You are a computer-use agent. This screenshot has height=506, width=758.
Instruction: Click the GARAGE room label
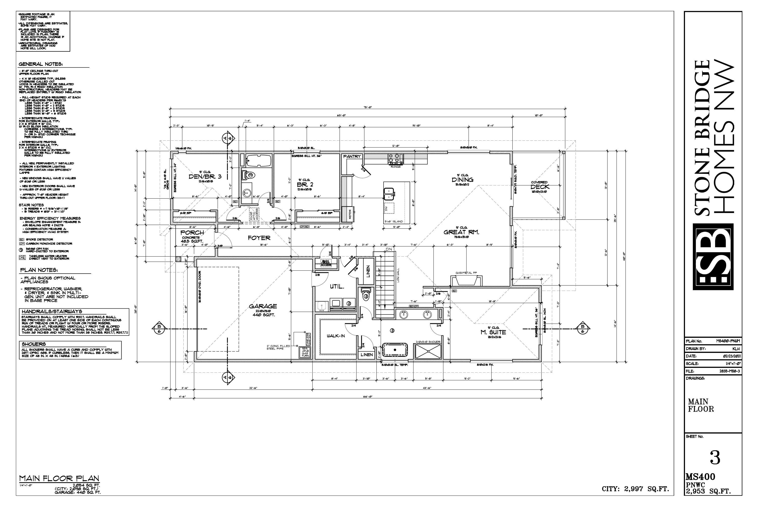[263, 306]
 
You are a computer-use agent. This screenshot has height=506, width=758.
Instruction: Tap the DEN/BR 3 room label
[205, 177]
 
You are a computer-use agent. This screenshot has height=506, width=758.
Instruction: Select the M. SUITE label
[493, 332]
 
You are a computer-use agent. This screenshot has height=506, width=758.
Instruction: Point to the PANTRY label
[352, 157]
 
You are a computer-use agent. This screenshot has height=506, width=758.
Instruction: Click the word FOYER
[259, 238]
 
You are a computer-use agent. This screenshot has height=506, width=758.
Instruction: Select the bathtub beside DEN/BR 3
[258, 160]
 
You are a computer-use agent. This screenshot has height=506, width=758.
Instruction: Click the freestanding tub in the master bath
[395, 349]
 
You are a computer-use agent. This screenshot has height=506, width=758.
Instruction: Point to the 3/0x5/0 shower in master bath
[428, 351]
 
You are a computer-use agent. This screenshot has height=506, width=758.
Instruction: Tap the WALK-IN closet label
[336, 336]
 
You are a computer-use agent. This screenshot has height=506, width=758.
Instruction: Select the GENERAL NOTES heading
[41, 64]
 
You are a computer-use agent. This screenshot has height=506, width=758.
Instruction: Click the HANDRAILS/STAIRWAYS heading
[52, 312]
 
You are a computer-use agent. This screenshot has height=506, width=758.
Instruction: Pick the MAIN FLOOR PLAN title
[59, 478]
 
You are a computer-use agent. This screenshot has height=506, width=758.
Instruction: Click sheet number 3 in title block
[715, 458]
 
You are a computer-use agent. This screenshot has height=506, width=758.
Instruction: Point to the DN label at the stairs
[389, 249]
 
